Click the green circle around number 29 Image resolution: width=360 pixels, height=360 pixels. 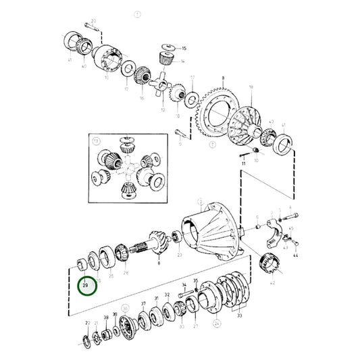pyautogui.click(x=87, y=286)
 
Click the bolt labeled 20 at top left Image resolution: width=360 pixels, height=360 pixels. pyautogui.click(x=88, y=26)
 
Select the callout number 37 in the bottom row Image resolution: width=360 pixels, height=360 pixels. pyautogui.click(x=143, y=305)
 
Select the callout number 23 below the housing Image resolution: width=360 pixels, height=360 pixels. pyautogui.click(x=179, y=256)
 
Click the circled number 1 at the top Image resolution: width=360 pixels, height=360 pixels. pyautogui.click(x=138, y=14)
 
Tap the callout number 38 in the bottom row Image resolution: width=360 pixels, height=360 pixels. pyautogui.click(x=106, y=317)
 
